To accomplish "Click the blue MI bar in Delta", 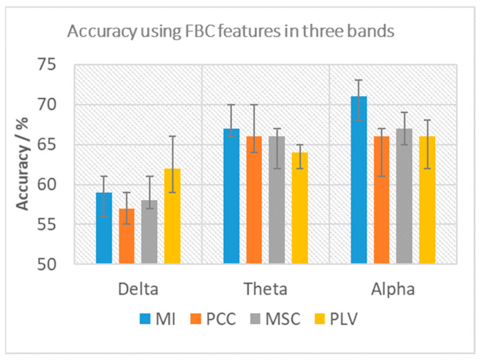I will tap(103, 228).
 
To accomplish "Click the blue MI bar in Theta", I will tap(231, 196).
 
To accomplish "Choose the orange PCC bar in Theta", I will tap(254, 200).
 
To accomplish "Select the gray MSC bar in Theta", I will tap(277, 200).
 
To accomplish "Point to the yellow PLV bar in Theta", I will tap(300, 208).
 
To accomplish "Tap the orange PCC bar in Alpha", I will tap(382, 200).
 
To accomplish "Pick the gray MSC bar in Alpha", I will tap(405, 196).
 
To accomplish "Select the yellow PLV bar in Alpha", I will tap(427, 200).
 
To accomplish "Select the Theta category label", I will tap(265, 288).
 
